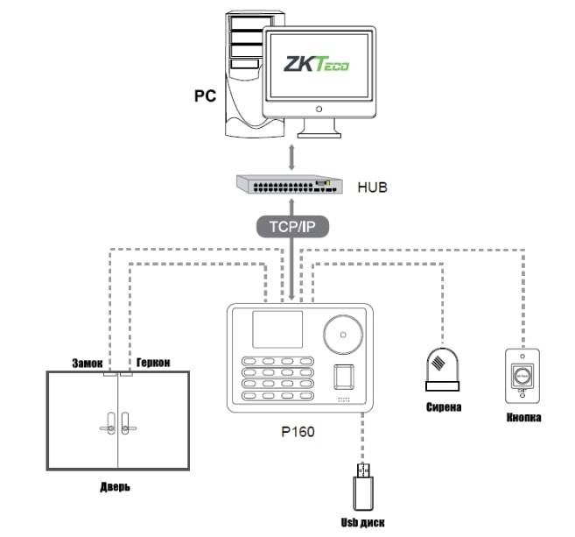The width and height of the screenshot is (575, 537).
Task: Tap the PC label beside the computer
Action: (x=204, y=94)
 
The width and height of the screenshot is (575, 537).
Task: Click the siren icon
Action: (x=443, y=370)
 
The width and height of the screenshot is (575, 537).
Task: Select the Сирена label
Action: (x=443, y=407)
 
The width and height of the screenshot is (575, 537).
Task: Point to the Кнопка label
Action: (x=522, y=418)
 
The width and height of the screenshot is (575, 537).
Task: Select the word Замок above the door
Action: (x=87, y=362)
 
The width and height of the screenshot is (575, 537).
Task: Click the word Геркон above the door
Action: (x=151, y=362)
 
